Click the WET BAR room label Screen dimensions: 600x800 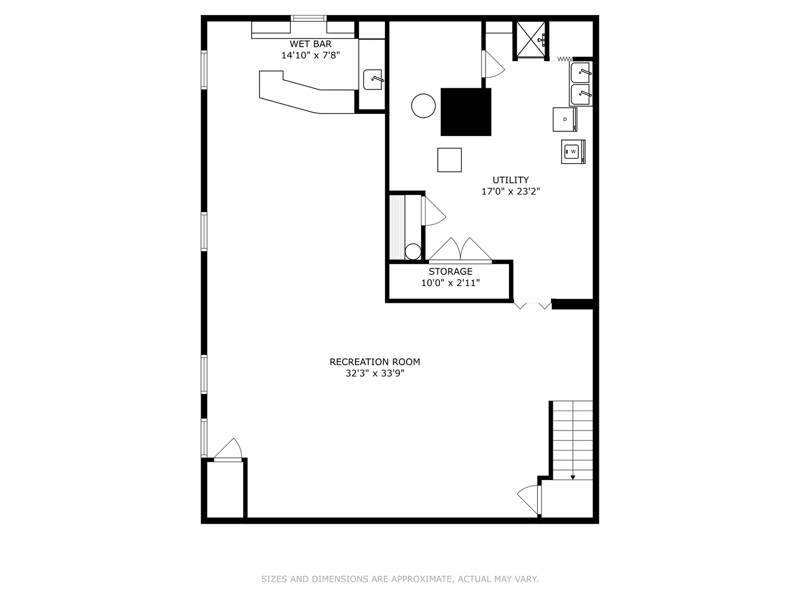point(311,44)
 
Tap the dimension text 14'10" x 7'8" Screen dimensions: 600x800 point(311,56)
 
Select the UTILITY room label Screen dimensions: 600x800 point(511,180)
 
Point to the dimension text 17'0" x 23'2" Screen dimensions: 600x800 point(511,192)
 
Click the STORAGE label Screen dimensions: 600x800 point(451,272)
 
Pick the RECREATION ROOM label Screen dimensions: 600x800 point(375,362)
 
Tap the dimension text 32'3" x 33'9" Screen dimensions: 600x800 point(375,373)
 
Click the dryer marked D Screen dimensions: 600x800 point(565,119)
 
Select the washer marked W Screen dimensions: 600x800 point(573,151)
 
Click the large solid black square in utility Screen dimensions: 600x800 point(466,112)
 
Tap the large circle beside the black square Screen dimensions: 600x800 point(423,106)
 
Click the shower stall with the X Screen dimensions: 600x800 point(530,40)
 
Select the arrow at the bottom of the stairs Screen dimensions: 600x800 point(573,476)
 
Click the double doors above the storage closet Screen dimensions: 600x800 point(460,249)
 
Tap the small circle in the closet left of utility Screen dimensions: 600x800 point(413,252)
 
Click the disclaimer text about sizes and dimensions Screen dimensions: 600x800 point(400,579)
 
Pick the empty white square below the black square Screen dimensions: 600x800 point(449,160)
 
